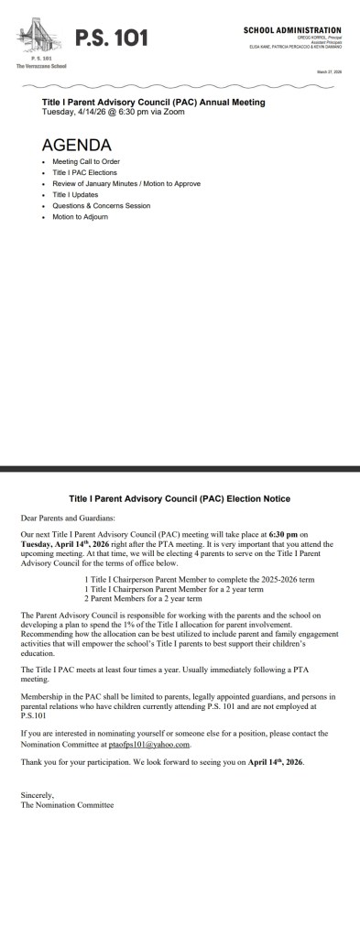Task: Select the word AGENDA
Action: coord(77,145)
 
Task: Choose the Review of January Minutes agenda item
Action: coord(125,183)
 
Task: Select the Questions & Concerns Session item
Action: coord(101,205)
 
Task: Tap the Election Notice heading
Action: coord(180,498)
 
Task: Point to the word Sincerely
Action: coord(39,796)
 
